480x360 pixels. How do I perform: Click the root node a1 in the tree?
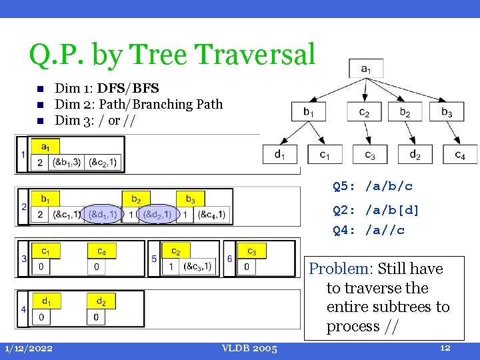tap(366, 68)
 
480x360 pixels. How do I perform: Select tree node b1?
tap(308, 112)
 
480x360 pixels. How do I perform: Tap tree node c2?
tap(364, 112)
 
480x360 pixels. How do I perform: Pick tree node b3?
tap(446, 112)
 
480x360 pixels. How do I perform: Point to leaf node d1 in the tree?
tap(280, 154)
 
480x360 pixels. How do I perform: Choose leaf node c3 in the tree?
tap(369, 154)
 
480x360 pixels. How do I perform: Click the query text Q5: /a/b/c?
tap(373, 187)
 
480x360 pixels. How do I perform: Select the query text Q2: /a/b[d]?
tap(376, 211)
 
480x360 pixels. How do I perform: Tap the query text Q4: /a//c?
tap(369, 231)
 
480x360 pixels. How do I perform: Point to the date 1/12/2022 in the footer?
tap(28, 348)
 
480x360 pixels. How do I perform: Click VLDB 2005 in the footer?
tap(251, 348)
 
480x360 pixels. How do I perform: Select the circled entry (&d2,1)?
tap(157, 214)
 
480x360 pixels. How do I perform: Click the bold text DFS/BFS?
tap(128, 88)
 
